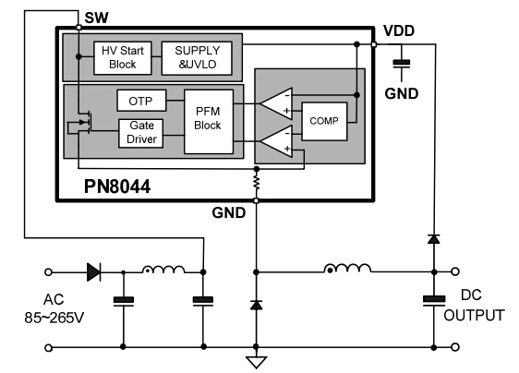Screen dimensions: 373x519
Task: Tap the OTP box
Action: [140, 99]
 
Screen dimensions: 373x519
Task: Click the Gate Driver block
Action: [140, 133]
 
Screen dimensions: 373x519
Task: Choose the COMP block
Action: [323, 121]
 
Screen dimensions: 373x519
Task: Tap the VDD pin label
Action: [400, 30]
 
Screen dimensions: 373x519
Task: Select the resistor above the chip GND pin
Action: [257, 185]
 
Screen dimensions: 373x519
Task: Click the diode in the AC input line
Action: [94, 271]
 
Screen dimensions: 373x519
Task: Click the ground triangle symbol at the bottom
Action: [257, 360]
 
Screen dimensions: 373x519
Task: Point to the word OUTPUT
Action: [474, 316]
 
